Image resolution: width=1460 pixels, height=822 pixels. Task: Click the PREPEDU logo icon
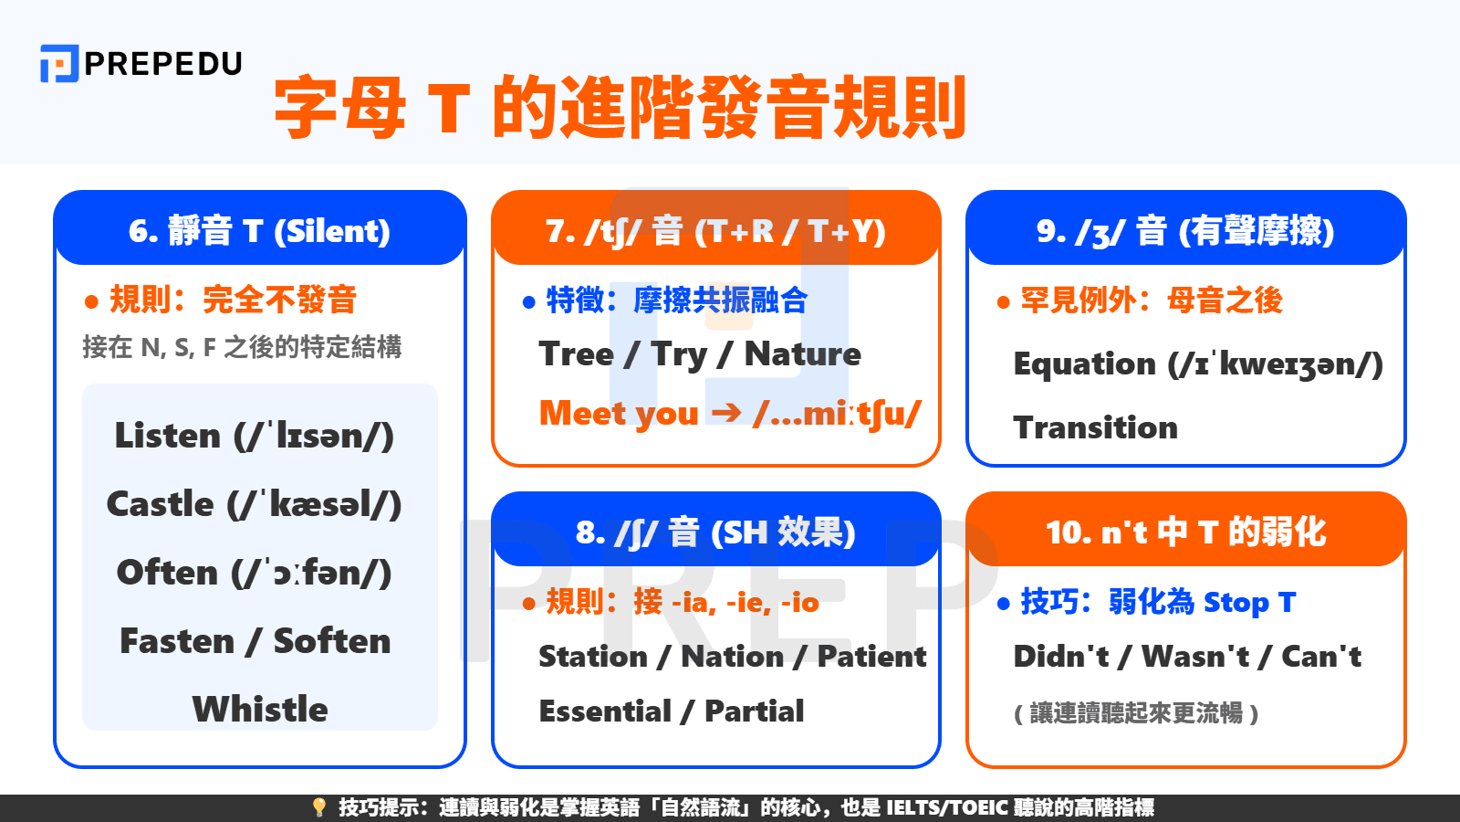[59, 64]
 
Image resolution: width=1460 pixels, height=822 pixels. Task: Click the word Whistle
[260, 710]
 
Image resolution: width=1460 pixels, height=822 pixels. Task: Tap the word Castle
[161, 504]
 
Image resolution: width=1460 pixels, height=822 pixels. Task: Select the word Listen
[168, 436]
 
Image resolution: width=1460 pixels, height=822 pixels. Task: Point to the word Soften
[332, 641]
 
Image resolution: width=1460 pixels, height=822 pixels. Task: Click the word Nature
[802, 354]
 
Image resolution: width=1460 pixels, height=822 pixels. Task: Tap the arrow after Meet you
[726, 413]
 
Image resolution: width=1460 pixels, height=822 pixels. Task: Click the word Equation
[1084, 364]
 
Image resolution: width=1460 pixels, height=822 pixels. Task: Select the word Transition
[1095, 427]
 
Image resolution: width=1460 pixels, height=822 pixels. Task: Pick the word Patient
[871, 656]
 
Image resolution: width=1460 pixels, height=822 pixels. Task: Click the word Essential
[605, 711]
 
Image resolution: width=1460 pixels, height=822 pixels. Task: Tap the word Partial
[755, 711]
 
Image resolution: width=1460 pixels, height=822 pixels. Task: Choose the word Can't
[1321, 656]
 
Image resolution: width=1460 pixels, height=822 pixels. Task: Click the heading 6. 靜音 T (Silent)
[260, 230]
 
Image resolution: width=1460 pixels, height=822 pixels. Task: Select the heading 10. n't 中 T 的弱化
[1185, 532]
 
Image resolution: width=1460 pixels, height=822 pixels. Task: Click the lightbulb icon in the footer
[318, 807]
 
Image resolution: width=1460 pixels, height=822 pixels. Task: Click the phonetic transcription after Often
[311, 573]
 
